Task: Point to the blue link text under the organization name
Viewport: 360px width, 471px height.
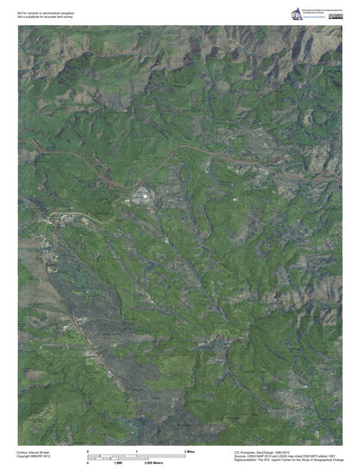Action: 312,15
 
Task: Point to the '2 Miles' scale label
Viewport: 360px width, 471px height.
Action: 190,449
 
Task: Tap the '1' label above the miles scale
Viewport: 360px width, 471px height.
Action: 136,449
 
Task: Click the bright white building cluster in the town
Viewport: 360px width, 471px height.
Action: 139,194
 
